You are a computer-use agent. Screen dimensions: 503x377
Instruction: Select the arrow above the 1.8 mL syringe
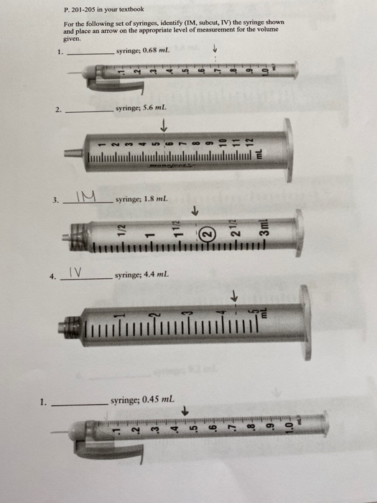point(194,212)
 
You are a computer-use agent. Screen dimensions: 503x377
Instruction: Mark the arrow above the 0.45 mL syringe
point(185,410)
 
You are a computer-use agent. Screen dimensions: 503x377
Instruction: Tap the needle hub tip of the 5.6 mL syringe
point(70,152)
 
